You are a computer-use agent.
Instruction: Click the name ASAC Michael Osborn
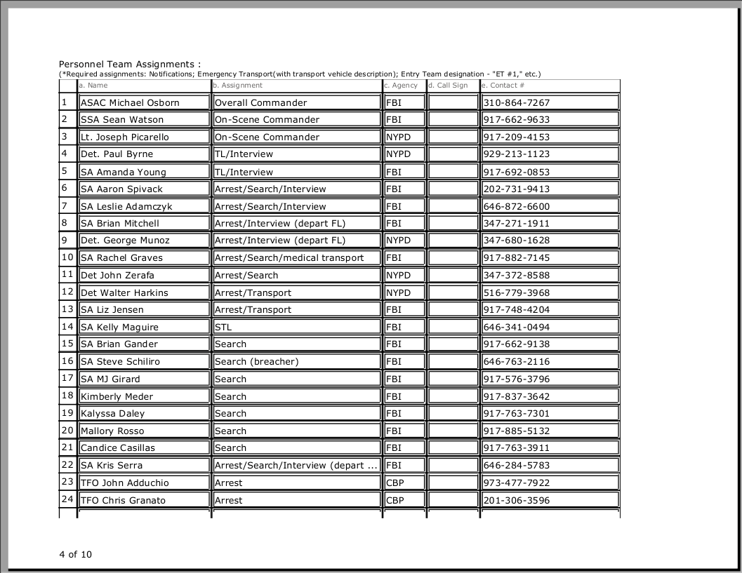coord(130,102)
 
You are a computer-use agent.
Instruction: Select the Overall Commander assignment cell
coord(260,102)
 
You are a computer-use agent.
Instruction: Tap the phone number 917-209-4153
coord(517,137)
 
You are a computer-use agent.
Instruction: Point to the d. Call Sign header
coord(448,86)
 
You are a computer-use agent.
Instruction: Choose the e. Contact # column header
coord(503,86)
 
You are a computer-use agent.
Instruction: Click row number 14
coord(67,326)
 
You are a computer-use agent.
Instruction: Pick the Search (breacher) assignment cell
coord(256,361)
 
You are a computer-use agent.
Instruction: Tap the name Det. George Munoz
coord(125,240)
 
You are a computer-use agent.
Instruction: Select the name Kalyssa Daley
coord(112,413)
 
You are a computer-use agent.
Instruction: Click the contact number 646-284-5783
coord(517,465)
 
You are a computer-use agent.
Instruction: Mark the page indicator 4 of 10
coord(75,554)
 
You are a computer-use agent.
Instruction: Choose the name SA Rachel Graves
coord(121,257)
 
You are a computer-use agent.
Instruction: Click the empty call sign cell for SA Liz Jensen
coord(453,309)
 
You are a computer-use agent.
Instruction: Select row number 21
coord(67,447)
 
